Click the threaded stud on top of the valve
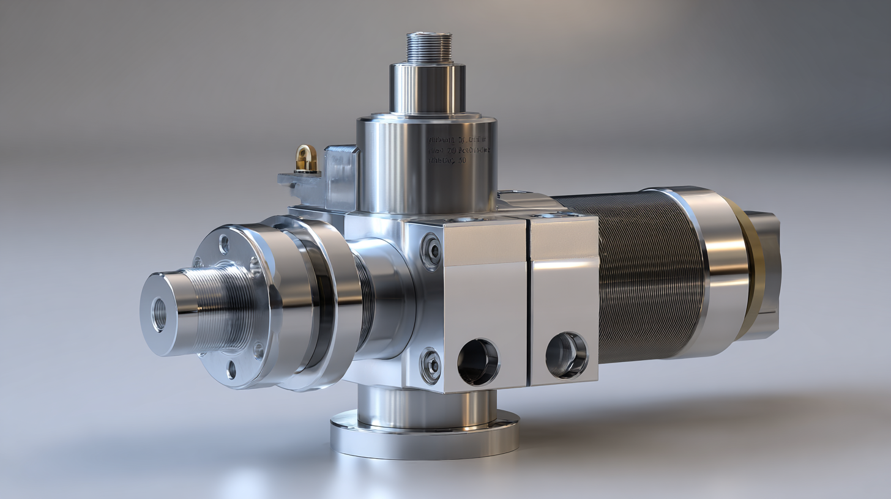[429, 48]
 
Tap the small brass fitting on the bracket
[306, 159]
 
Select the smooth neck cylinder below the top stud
[427, 89]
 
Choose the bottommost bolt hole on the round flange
[231, 370]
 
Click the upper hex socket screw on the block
[432, 251]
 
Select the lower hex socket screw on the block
[431, 365]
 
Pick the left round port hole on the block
[478, 361]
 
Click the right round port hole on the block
[566, 355]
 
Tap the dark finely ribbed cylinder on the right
[649, 275]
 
